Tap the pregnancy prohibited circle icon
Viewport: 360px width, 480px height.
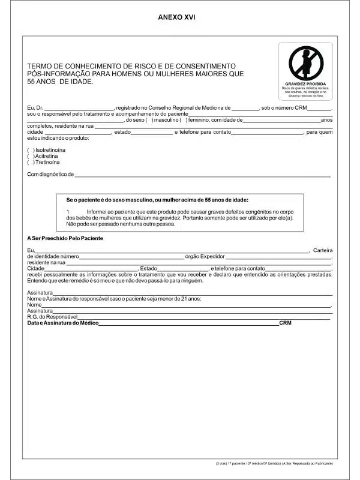pyautogui.click(x=305, y=62)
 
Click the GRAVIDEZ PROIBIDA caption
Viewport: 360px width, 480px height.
pyautogui.click(x=305, y=83)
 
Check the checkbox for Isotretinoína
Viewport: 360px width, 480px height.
pyautogui.click(x=31, y=149)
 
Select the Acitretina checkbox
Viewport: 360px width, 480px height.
pyautogui.click(x=31, y=155)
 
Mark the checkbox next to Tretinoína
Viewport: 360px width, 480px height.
pyautogui.click(x=31, y=162)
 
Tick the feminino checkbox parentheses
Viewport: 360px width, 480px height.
pyautogui.click(x=182, y=120)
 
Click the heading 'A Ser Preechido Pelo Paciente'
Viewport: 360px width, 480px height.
pyautogui.click(x=65, y=238)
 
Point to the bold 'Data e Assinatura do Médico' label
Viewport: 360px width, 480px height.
pyautogui.click(x=62, y=323)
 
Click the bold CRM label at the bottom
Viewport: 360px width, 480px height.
pyautogui.click(x=285, y=323)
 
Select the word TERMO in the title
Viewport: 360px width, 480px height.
pyautogui.click(x=39, y=66)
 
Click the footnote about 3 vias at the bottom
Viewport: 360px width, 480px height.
pyautogui.click(x=274, y=464)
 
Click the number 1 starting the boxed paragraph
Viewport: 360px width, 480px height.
pyautogui.click(x=68, y=212)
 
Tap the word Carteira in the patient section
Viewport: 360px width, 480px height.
pyautogui.click(x=323, y=250)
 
